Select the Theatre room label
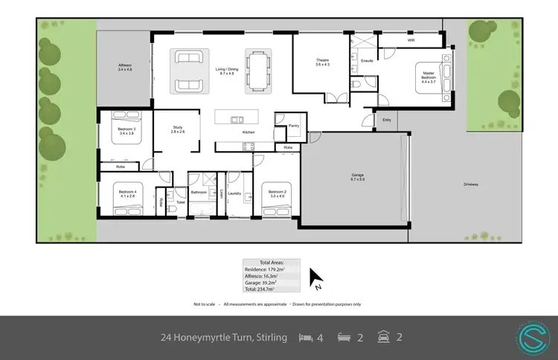point(321,62)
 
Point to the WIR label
point(411,41)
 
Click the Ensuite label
point(366,60)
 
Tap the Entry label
point(386,119)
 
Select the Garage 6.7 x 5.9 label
point(357,177)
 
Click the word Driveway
point(470,184)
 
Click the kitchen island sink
point(237,119)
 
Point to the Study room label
point(177,129)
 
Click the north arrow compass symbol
point(316,279)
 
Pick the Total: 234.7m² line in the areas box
point(262,289)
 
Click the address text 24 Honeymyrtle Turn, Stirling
point(224,338)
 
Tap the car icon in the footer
point(382,338)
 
